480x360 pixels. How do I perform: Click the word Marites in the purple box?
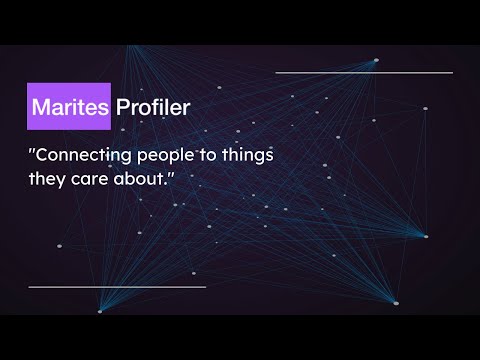[x=70, y=107]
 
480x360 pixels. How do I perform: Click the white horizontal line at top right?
[x=363, y=72]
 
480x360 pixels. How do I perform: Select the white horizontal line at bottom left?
[x=117, y=287]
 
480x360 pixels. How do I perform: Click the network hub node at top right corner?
[x=376, y=60]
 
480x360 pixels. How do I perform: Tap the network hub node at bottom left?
[x=99, y=311]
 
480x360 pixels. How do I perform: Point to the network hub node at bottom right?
[x=395, y=302]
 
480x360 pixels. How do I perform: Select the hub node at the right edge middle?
[x=425, y=237]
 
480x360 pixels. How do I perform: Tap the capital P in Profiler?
[x=123, y=107]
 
